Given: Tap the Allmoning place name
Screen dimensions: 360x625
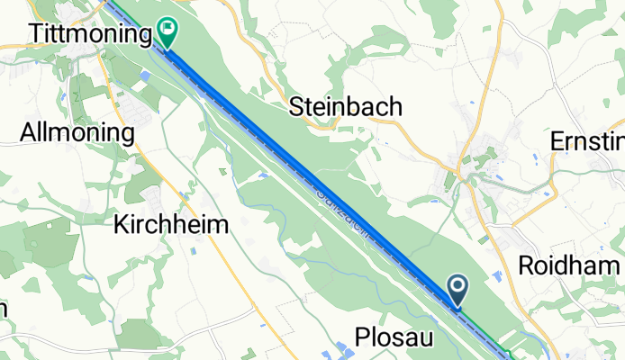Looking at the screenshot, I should click(77, 134).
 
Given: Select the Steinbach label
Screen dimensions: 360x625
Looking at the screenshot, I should click(345, 107).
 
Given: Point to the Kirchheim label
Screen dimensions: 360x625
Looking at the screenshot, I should click(171, 226).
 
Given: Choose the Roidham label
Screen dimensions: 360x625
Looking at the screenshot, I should click(570, 266).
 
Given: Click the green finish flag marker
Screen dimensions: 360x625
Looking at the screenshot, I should click(167, 31).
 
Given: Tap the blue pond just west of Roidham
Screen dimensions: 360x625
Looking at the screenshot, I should click(500, 274).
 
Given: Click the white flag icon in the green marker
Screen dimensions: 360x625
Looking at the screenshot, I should click(167, 28).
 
